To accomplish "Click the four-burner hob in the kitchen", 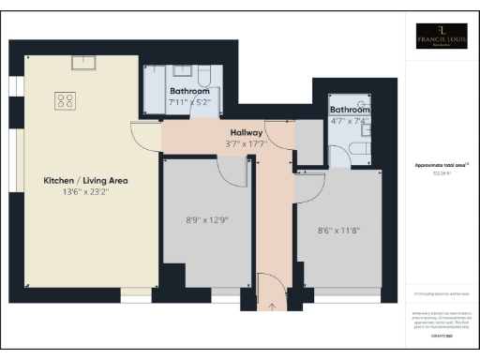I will point(67,98).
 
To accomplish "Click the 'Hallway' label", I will point(247,133).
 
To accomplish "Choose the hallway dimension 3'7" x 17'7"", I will point(247,144).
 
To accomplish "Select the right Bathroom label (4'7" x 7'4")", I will point(349,110).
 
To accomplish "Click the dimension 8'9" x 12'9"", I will point(208,221).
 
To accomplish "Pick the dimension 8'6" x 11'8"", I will point(337,227).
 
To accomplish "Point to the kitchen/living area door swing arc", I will point(147,139).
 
